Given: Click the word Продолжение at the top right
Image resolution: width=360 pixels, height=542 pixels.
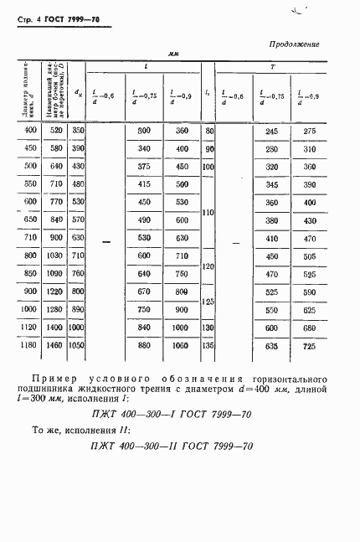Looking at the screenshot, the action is point(294,44).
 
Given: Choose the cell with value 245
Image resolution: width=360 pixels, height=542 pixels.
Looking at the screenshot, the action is point(271,131).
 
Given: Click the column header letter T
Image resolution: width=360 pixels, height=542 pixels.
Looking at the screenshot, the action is point(273,66).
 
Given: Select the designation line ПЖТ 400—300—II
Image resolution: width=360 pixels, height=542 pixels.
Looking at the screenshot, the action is point(172,446).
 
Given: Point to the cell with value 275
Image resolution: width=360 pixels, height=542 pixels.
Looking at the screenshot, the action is point(310,131).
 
